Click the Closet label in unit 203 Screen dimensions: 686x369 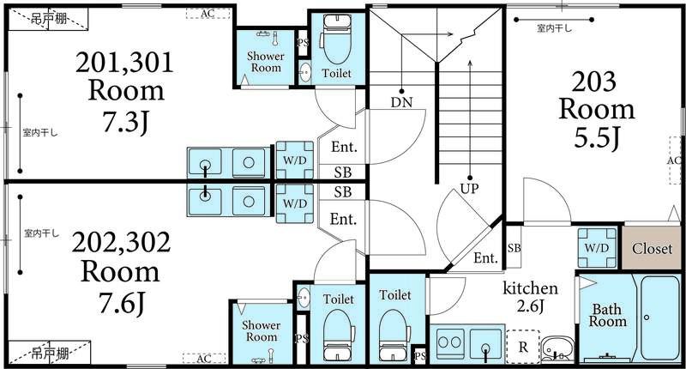652,249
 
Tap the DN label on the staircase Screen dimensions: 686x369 401,102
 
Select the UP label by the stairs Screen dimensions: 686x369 469,189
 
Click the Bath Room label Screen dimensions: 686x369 607,316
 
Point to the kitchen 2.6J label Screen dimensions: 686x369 530,297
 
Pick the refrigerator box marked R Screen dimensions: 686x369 523,346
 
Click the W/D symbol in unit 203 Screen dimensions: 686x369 597,248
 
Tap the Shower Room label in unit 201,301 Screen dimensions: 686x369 266,62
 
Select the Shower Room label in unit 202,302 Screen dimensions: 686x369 262,331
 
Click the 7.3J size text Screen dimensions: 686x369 125,122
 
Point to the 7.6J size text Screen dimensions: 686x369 121,303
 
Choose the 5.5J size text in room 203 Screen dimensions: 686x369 597,138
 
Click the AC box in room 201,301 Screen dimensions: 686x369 208,14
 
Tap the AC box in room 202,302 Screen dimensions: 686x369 204,359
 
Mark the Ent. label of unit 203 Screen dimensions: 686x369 485,257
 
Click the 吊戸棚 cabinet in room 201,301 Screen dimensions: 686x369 49,19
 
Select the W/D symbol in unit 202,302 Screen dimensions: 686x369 295,203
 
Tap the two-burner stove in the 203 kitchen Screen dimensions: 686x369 450,342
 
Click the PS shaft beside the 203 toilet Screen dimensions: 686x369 419,356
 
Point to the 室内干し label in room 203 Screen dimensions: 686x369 554,29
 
